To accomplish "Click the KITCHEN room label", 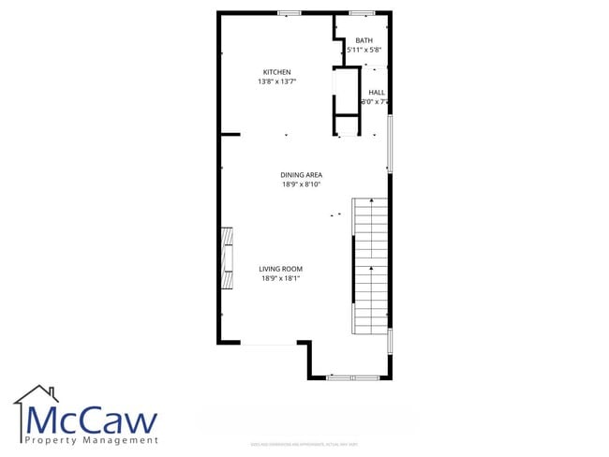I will point(276,72).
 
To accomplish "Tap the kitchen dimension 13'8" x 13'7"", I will point(276,81).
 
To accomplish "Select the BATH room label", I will point(364,40).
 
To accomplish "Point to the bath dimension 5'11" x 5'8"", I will point(364,50).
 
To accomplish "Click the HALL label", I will point(377,92).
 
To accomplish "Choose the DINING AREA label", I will point(301,174).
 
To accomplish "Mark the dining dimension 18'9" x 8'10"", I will point(301,184).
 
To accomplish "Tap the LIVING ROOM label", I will point(280,269).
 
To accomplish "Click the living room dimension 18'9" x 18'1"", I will point(280,278).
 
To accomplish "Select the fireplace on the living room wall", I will point(226,260).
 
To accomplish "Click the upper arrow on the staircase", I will point(372,202).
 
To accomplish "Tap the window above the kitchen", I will point(290,13).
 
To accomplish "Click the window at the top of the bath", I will point(363,13).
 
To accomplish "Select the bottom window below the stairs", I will point(352,377).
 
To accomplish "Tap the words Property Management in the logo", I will point(92,440).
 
